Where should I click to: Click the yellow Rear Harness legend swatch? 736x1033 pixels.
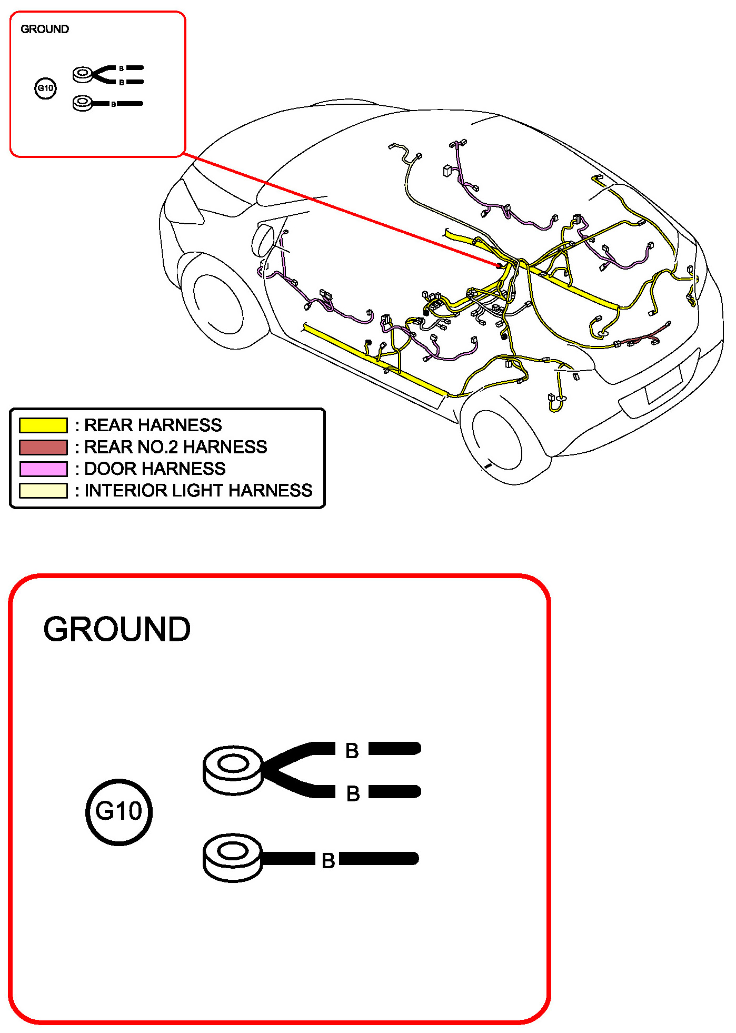coord(43,425)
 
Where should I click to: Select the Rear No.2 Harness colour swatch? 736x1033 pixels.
coord(43,447)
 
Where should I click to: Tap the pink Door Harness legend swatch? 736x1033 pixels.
coord(43,469)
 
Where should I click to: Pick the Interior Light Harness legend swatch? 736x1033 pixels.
coord(43,490)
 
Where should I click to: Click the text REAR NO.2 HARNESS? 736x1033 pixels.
coord(176,447)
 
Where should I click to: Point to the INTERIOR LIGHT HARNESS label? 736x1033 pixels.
coord(198,490)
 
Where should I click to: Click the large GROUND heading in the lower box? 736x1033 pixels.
coord(117,629)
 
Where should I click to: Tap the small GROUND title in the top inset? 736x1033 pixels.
coord(45,29)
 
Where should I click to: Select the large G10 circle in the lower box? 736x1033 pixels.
coord(119,812)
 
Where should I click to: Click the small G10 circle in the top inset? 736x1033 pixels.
coord(46,88)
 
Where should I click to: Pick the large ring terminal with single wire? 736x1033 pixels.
coord(233,857)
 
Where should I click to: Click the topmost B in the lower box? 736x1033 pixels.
coord(352,751)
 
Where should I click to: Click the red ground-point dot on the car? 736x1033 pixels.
coord(499,266)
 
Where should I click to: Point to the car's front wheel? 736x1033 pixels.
coord(218,305)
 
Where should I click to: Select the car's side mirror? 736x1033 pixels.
coord(263,240)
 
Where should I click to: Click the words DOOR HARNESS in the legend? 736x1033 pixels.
coord(155,469)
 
